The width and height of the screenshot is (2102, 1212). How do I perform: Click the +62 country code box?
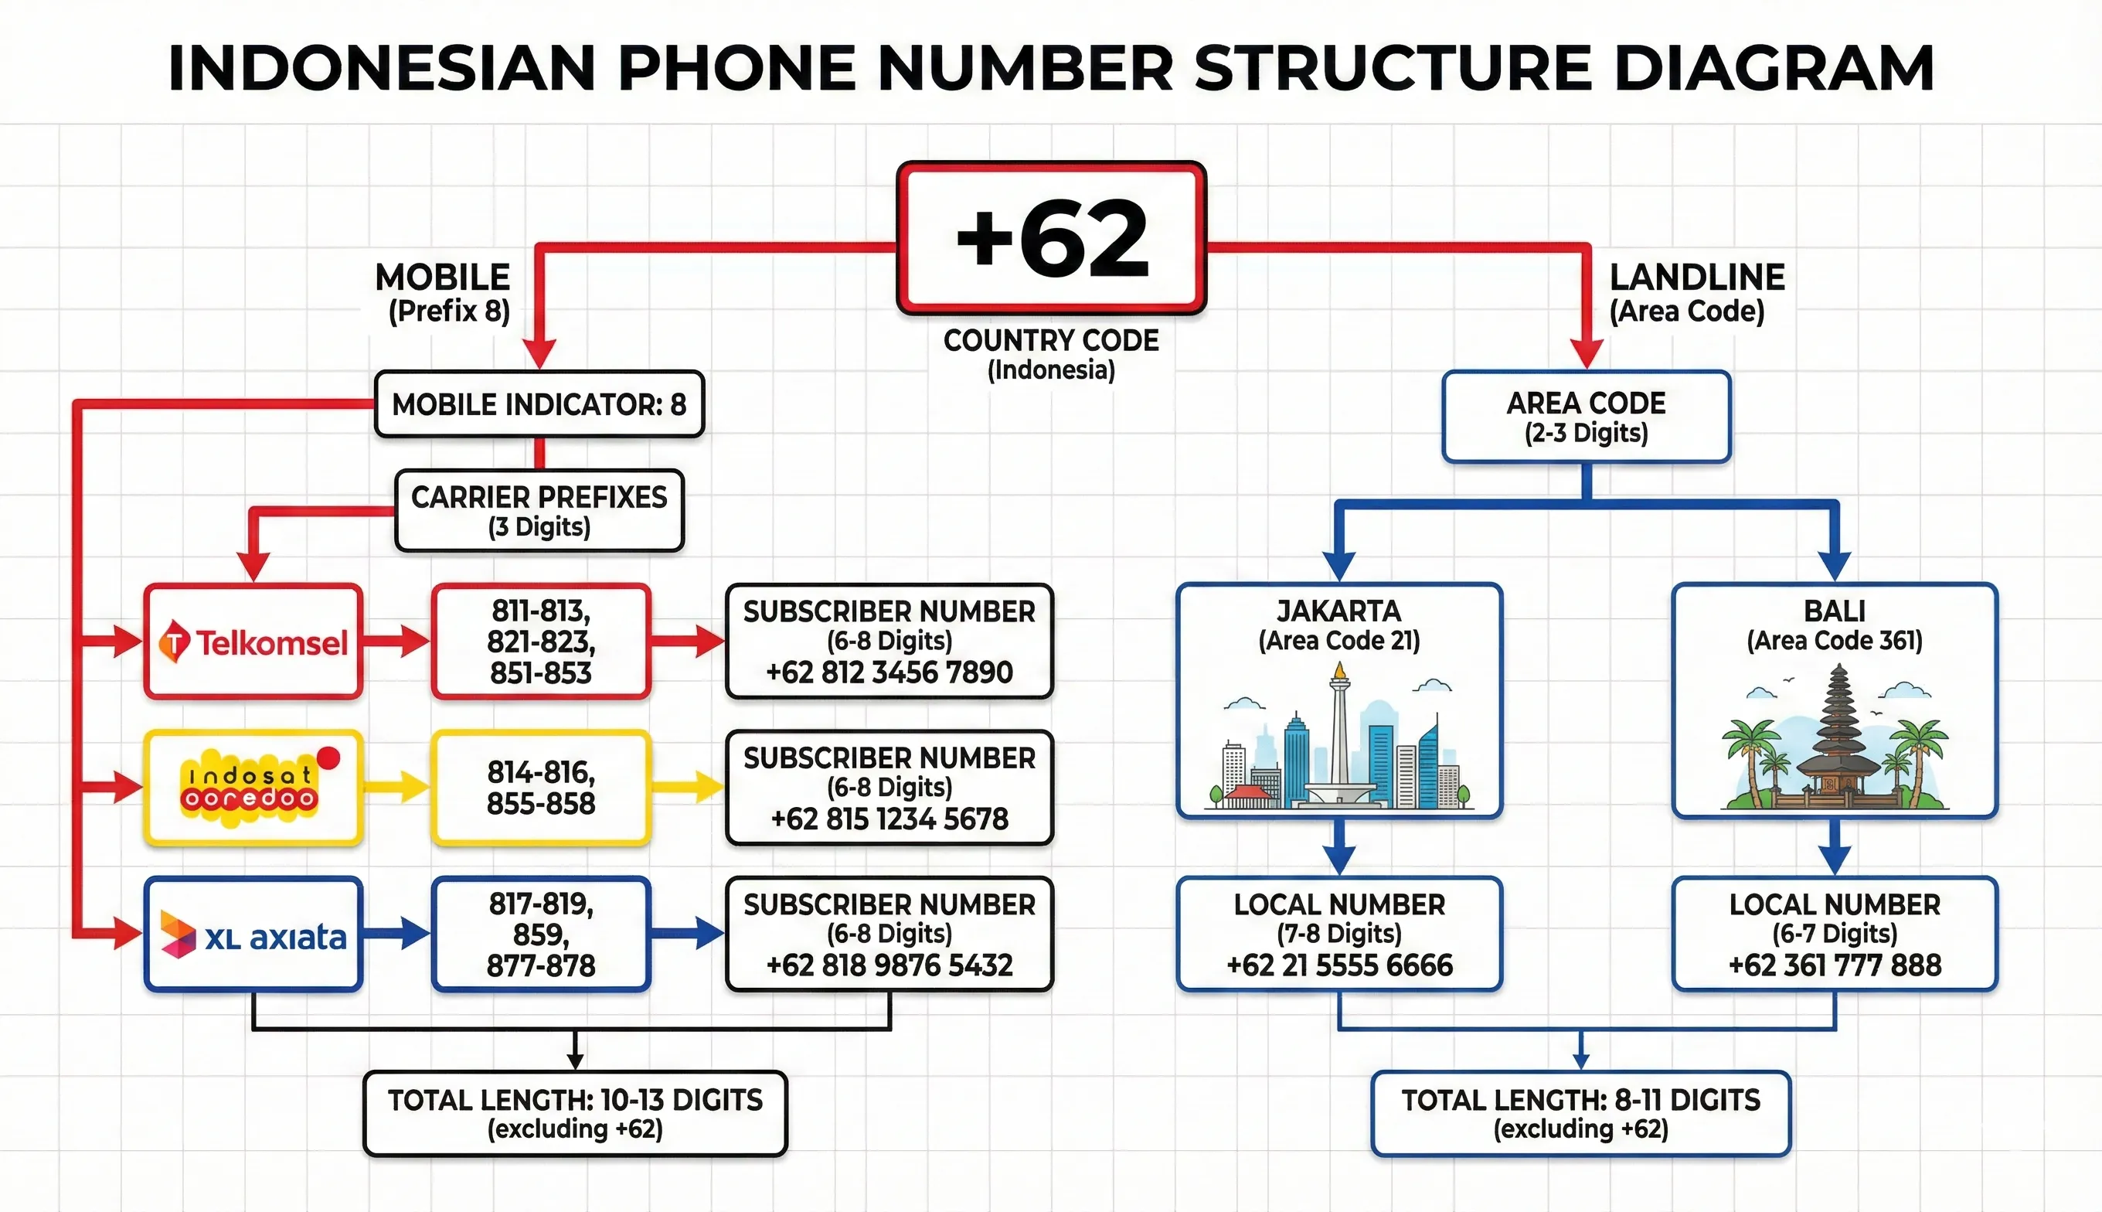(1051, 239)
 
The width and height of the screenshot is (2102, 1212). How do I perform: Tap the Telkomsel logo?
(253, 642)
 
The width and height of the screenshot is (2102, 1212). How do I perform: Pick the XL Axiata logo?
(253, 935)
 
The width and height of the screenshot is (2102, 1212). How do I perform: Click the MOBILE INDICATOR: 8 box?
(539, 404)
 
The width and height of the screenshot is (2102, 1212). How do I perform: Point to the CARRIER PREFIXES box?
(539, 510)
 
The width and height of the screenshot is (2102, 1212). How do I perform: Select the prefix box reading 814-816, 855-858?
(541, 788)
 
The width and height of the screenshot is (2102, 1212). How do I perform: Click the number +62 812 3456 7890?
(889, 672)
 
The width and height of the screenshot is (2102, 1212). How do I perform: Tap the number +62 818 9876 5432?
(889, 965)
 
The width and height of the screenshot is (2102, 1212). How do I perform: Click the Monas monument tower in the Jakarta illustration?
(1339, 733)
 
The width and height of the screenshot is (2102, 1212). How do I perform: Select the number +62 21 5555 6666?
(1339, 965)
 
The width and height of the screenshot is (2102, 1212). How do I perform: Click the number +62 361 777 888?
(1834, 965)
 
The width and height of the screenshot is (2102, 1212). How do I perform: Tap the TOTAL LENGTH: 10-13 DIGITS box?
(575, 1114)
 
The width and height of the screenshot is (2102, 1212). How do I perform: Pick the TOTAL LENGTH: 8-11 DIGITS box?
(1580, 1114)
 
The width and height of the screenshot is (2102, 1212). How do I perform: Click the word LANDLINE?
(1697, 277)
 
